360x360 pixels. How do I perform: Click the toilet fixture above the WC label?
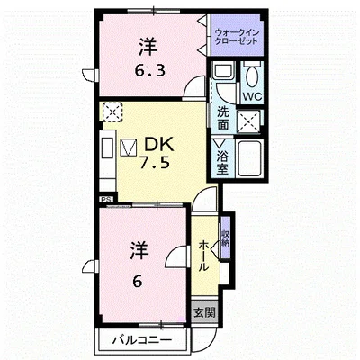[251, 72]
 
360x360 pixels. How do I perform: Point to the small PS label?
[107, 198]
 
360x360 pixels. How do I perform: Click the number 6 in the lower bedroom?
[138, 281]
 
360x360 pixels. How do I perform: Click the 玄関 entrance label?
[204, 312]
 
